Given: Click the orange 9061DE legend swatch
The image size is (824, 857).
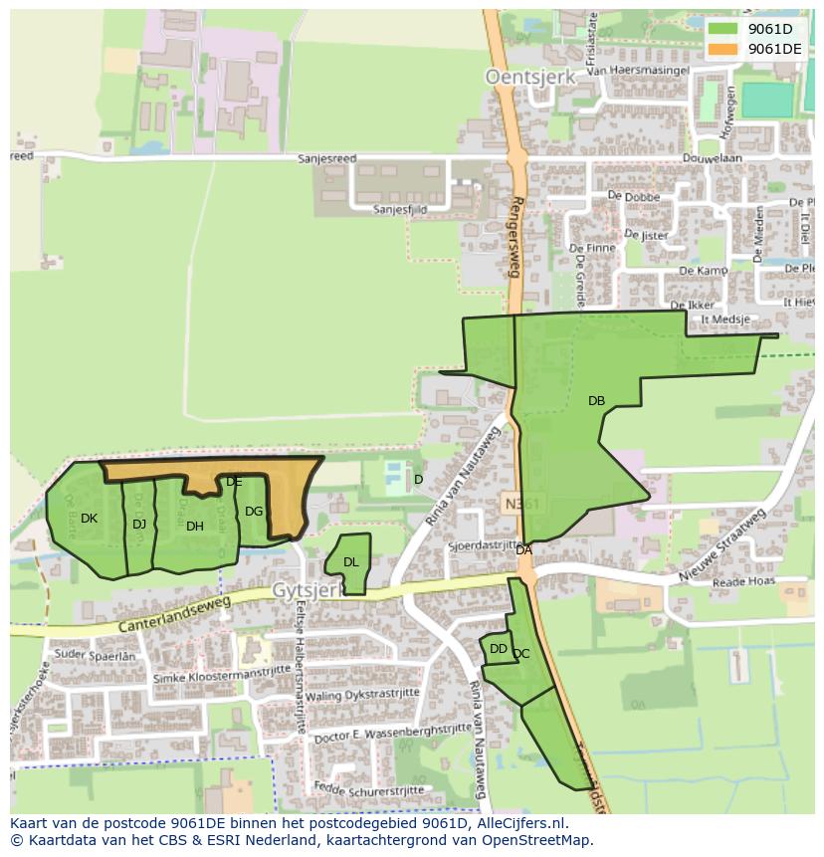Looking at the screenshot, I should (722, 49).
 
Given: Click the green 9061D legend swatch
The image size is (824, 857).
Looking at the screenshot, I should (722, 29).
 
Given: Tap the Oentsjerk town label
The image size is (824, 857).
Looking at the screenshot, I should (523, 76).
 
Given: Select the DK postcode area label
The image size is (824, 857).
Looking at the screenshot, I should (89, 519).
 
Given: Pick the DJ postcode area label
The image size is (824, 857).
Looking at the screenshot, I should (139, 524).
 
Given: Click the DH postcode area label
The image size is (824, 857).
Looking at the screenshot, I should (195, 527).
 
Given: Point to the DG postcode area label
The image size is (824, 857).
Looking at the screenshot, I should (254, 512).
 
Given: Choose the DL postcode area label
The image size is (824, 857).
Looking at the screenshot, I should (350, 562).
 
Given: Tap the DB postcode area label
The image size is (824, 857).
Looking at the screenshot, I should (596, 401).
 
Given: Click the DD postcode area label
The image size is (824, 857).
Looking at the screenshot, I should (499, 649).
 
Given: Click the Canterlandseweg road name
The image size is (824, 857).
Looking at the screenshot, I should (174, 614).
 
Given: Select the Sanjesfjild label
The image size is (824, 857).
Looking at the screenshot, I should (400, 210).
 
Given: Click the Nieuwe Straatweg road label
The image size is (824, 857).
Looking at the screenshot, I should (721, 546).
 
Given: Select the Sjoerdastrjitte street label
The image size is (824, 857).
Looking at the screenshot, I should (484, 546).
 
